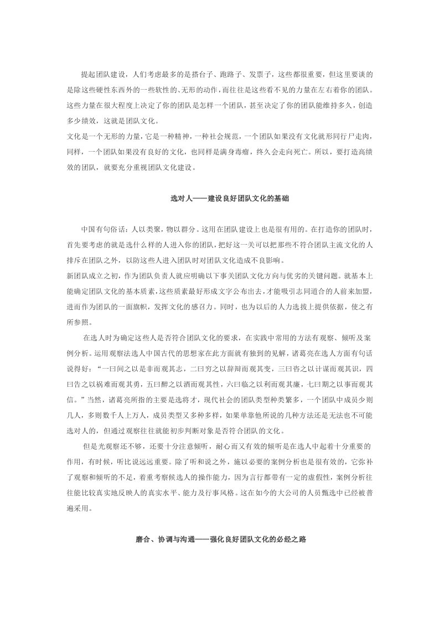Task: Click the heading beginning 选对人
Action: pos(219,199)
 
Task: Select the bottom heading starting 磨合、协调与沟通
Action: pos(219,537)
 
